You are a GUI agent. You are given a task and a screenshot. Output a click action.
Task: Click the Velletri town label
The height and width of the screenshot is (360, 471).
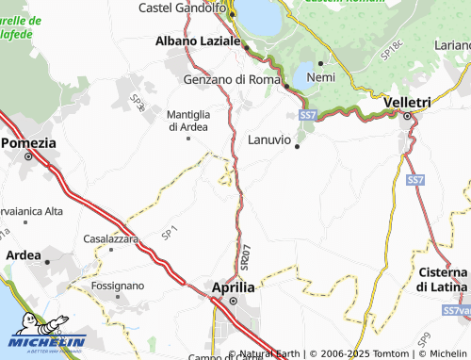(x=408, y=102)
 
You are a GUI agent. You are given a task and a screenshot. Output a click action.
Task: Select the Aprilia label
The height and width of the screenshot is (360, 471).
(x=233, y=286)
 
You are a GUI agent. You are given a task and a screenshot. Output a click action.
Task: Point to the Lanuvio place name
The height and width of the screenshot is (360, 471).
(x=271, y=139)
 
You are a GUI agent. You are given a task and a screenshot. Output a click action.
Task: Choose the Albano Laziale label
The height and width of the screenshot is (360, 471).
(x=200, y=41)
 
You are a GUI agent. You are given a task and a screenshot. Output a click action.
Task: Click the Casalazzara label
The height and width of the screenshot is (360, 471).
(x=111, y=238)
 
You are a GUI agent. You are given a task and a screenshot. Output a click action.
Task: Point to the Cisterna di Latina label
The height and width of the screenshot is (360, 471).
(x=443, y=279)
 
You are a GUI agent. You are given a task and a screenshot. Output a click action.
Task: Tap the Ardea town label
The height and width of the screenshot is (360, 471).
(x=24, y=254)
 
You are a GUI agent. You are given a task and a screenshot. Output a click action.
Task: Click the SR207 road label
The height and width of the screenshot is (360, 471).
(x=244, y=258)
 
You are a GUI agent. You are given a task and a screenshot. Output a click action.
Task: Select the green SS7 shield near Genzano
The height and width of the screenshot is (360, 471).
(x=308, y=114)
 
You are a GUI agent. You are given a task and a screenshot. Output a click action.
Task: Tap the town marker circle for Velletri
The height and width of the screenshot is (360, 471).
(x=407, y=117)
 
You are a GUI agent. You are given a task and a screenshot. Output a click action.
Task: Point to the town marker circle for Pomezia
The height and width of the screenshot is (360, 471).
(x=28, y=157)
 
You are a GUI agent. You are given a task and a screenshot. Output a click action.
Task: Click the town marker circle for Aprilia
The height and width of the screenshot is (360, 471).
(x=233, y=302)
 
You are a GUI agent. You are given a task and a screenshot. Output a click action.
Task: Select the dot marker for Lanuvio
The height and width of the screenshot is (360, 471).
(x=298, y=146)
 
